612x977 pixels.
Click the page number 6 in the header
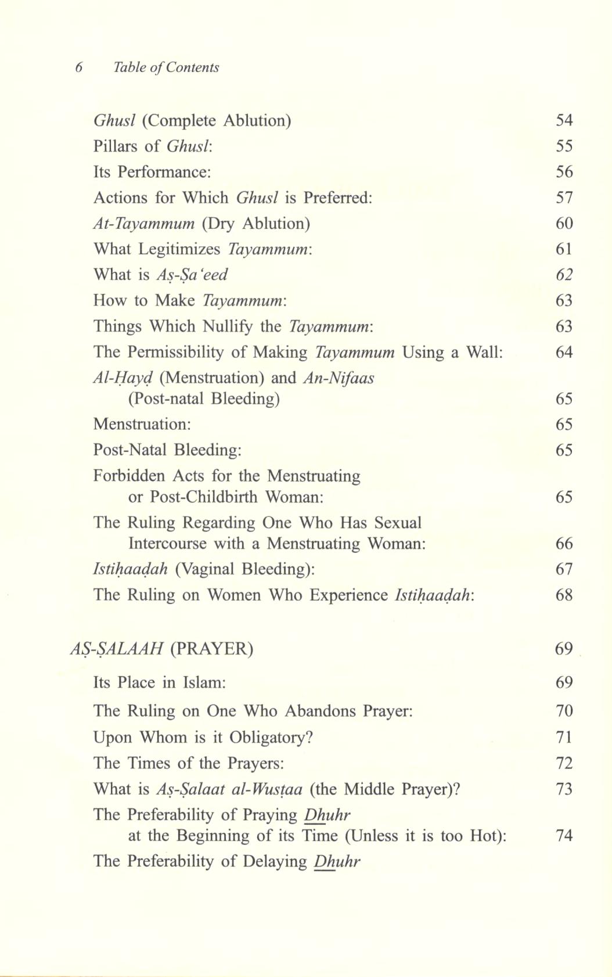click(x=79, y=67)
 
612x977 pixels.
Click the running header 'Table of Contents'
click(x=166, y=67)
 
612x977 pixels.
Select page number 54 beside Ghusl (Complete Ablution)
click(x=564, y=120)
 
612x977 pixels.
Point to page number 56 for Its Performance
click(x=564, y=172)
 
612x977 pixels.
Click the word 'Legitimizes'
click(x=179, y=249)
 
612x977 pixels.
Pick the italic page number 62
click(x=564, y=275)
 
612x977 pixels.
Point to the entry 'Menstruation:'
click(x=142, y=424)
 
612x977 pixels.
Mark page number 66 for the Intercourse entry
click(x=564, y=544)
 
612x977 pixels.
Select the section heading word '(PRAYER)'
click(x=212, y=649)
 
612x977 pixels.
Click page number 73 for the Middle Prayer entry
click(x=564, y=789)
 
